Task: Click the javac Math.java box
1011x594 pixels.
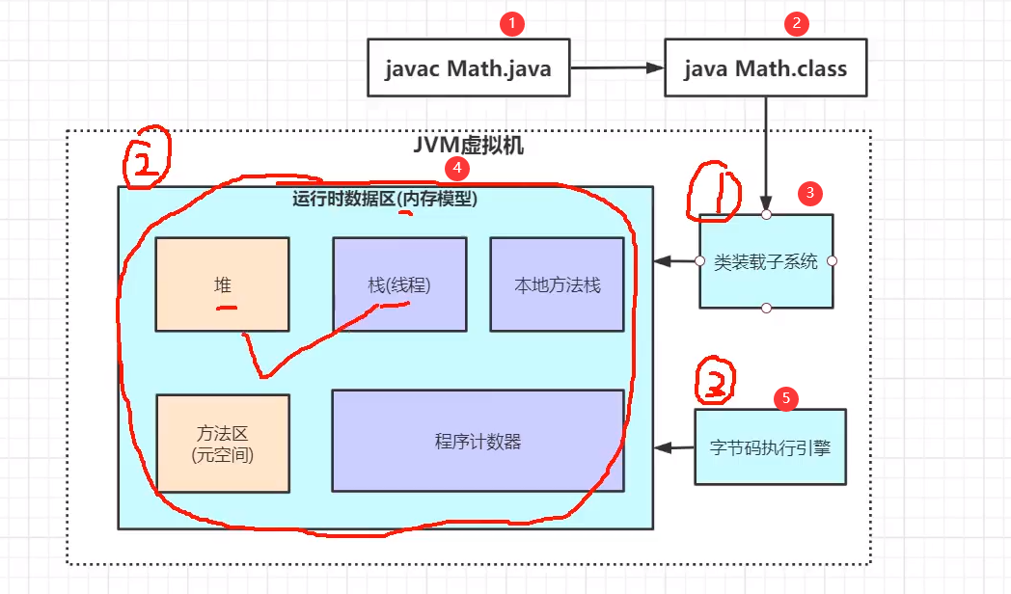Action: point(468,67)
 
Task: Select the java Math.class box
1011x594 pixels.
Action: point(765,67)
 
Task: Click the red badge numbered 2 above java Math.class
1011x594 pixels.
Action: point(795,25)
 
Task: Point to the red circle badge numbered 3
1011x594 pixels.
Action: point(809,193)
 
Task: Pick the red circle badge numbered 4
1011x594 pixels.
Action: point(456,169)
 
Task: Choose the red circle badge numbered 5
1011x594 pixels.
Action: point(785,396)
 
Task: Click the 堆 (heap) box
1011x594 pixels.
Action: point(222,284)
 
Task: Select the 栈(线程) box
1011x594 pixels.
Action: point(399,284)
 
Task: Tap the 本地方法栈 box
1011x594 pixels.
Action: point(558,284)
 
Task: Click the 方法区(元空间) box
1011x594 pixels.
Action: point(222,444)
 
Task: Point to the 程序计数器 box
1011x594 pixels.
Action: point(478,441)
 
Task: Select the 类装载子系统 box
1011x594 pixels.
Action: point(766,261)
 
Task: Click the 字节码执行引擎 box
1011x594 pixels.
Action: point(770,446)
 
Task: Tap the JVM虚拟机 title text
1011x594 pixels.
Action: point(468,146)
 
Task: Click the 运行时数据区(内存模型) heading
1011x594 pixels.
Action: point(385,200)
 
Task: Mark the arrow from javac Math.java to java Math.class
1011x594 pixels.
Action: point(617,67)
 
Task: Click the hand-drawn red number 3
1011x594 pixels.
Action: point(715,383)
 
